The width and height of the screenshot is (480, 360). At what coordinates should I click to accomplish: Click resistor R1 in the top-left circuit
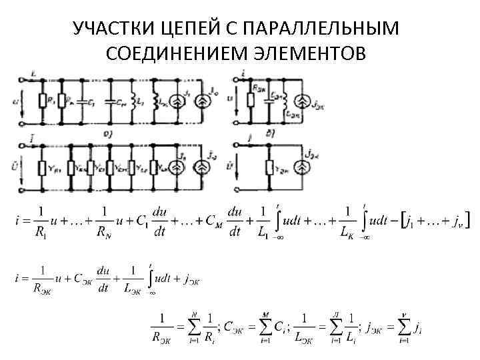pos(45,101)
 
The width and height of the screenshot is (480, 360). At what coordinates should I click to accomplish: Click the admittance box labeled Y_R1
pos(45,167)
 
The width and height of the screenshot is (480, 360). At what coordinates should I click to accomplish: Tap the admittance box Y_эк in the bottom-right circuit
pos(271,167)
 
